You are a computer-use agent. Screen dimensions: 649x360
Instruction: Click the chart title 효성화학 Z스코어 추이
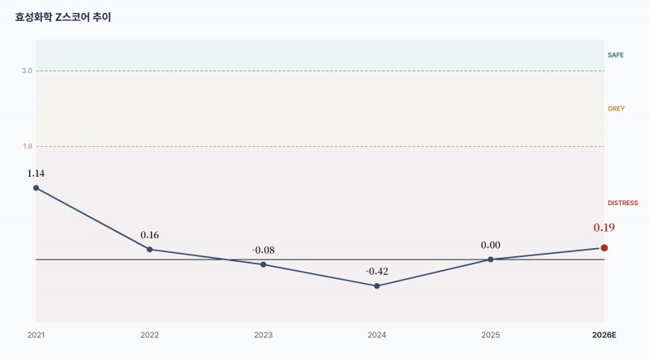(x=63, y=17)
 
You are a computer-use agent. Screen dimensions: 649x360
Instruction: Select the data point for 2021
(x=36, y=188)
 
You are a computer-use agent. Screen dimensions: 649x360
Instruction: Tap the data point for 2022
(x=149, y=250)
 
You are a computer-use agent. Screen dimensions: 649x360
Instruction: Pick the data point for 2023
(x=263, y=264)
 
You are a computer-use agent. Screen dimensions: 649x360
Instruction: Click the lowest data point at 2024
(x=377, y=286)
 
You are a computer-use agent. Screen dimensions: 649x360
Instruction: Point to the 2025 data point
(x=491, y=259)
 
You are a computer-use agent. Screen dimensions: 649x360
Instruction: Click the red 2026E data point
(x=604, y=248)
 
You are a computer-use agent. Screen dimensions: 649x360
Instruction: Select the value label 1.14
(x=36, y=174)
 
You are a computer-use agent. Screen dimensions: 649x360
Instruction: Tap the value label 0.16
(x=149, y=235)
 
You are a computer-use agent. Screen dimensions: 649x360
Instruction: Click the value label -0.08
(x=263, y=251)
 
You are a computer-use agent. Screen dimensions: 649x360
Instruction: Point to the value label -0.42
(x=377, y=272)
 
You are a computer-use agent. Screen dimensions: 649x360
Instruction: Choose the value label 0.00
(x=491, y=246)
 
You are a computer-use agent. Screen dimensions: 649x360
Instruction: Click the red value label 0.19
(x=604, y=228)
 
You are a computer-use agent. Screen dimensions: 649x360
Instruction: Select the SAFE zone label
(x=616, y=55)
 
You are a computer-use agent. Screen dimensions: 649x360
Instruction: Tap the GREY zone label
(x=616, y=109)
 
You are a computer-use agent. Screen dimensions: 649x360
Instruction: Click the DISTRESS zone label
(x=623, y=204)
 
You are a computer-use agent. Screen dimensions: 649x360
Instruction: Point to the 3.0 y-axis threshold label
(x=27, y=71)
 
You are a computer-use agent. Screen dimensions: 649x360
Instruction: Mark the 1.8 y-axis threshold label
(x=28, y=147)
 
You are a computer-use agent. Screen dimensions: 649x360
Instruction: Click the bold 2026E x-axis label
(x=604, y=335)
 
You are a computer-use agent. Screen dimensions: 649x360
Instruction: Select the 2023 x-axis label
(x=263, y=335)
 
